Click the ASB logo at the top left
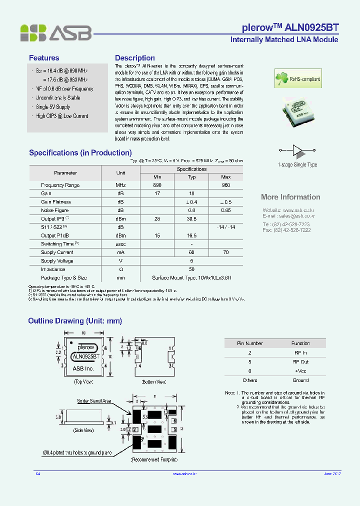pos(55,32)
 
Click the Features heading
pos(44,58)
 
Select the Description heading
pos(135,58)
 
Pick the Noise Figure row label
pos(55,210)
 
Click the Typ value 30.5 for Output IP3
pos(191,219)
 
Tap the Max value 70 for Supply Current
pos(225,252)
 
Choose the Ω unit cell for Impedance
pos(120,269)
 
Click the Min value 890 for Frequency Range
pos(157,185)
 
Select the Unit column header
pos(120,173)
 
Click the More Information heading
pos(290,197)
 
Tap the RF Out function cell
pos(300,361)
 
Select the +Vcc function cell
pos(300,371)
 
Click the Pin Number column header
pos(249,343)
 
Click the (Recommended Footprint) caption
pos(154,459)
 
